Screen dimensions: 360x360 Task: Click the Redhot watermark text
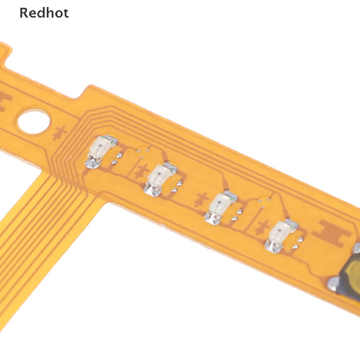click(x=44, y=13)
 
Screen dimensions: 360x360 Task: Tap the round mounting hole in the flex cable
click(x=34, y=121)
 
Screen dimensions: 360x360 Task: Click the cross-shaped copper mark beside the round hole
click(x=60, y=133)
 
